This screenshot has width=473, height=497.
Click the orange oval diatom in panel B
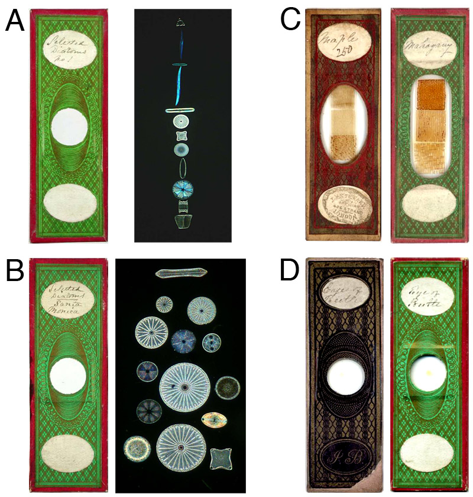(214, 419)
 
